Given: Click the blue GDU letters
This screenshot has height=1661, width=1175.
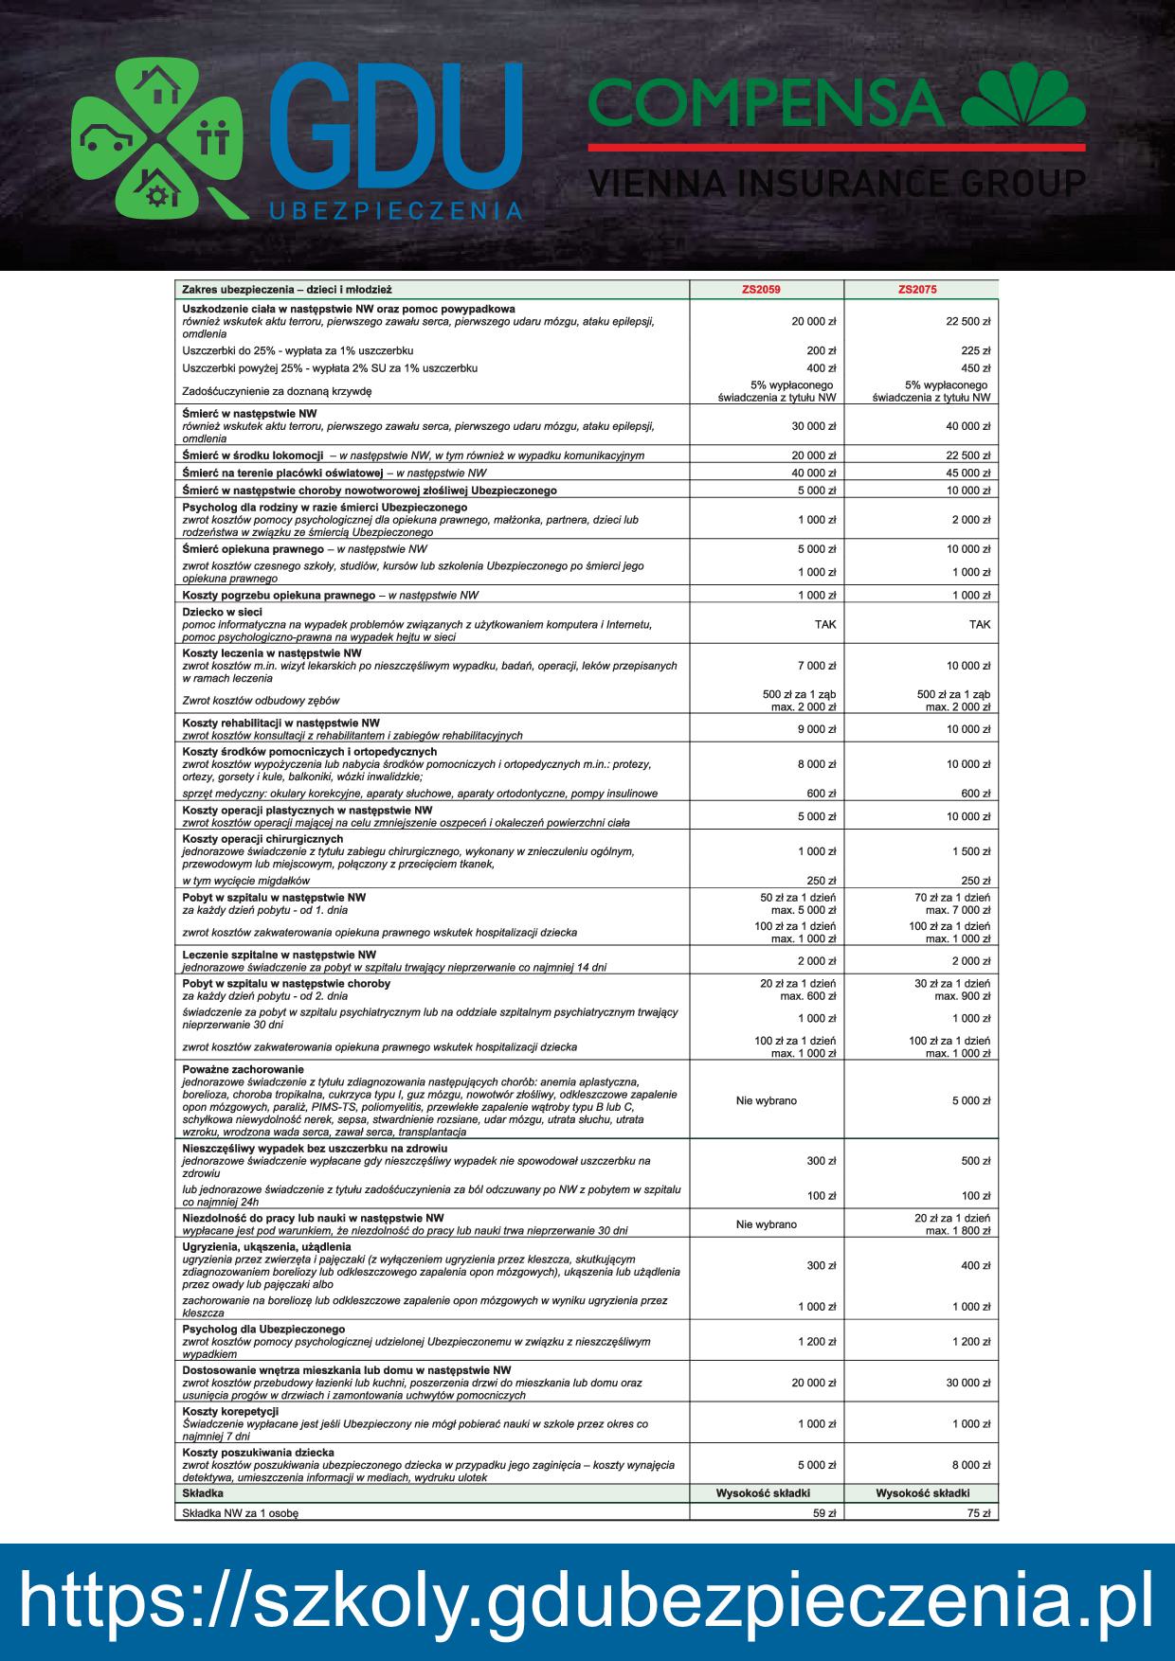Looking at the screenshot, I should click(395, 127).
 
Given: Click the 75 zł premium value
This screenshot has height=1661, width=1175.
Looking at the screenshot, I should click(979, 1514).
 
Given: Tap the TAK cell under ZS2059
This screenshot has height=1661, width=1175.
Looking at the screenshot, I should click(824, 625).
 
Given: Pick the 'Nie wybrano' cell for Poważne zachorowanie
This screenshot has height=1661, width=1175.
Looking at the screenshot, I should click(766, 1101).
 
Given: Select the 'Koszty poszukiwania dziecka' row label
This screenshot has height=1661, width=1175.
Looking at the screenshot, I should click(258, 1453).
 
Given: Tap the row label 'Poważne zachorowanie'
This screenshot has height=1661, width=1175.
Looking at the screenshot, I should click(243, 1069).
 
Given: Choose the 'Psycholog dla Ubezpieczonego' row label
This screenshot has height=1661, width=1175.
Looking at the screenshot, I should click(262, 1330).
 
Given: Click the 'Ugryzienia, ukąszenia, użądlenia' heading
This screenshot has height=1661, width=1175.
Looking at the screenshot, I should click(266, 1247).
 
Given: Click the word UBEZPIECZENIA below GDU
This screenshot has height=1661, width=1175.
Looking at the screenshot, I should click(395, 212).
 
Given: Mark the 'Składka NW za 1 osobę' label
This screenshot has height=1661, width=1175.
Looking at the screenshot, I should click(240, 1514).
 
